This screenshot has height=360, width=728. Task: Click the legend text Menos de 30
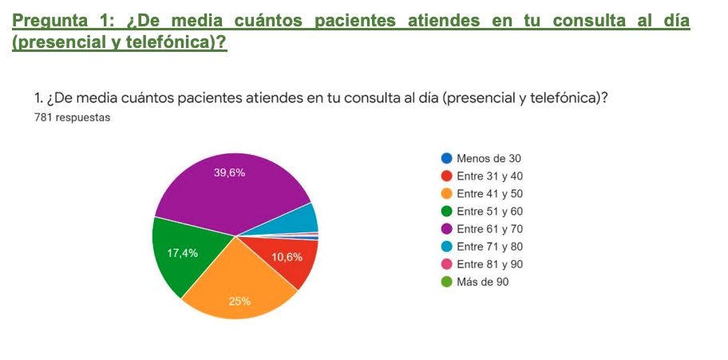click(489, 159)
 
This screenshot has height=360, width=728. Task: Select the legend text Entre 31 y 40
click(489, 176)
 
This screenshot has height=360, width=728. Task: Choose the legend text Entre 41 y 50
click(489, 194)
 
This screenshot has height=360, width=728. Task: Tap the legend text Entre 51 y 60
click(489, 212)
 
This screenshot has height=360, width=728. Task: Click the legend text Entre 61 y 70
click(489, 229)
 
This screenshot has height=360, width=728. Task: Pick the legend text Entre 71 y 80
click(489, 247)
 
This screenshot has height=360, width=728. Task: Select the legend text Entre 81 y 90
click(489, 264)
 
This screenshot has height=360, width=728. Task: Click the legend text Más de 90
click(482, 282)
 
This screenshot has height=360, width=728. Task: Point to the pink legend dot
click(447, 264)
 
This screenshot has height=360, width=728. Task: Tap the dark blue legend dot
click(447, 159)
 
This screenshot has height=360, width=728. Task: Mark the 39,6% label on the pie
click(230, 173)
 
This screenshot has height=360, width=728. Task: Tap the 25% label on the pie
click(239, 301)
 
